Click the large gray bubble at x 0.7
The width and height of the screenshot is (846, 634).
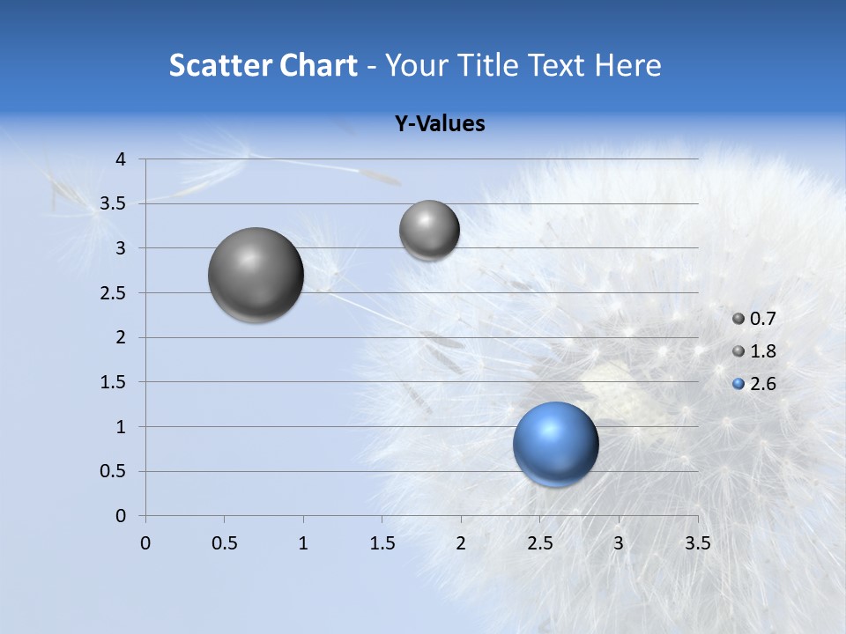pyautogui.click(x=256, y=275)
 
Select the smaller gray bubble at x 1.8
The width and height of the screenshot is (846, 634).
pyautogui.click(x=429, y=231)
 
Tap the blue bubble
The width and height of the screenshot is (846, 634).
pyautogui.click(x=555, y=445)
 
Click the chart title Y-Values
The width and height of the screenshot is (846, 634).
pyautogui.click(x=440, y=124)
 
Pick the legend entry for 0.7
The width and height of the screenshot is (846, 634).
pyautogui.click(x=754, y=319)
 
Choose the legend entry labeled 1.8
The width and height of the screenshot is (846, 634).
pyautogui.click(x=754, y=351)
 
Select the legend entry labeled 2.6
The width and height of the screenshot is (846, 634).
pyautogui.click(x=754, y=384)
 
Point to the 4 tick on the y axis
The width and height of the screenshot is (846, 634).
pyautogui.click(x=121, y=159)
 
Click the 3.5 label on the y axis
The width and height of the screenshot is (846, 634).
pyautogui.click(x=113, y=203)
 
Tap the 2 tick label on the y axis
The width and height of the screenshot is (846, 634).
pyautogui.click(x=121, y=337)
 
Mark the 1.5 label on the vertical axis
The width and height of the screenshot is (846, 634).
pyautogui.click(x=113, y=382)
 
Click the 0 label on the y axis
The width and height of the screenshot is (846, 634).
pyautogui.click(x=121, y=516)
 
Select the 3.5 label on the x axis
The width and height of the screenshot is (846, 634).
pyautogui.click(x=697, y=543)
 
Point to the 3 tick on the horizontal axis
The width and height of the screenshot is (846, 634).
pyautogui.click(x=619, y=543)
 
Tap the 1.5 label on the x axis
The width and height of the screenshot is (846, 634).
pyautogui.click(x=382, y=543)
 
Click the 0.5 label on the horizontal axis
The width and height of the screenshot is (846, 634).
pyautogui.click(x=224, y=543)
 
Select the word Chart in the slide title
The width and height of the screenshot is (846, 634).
pyautogui.click(x=318, y=65)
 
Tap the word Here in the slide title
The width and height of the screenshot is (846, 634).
pyautogui.click(x=627, y=65)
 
